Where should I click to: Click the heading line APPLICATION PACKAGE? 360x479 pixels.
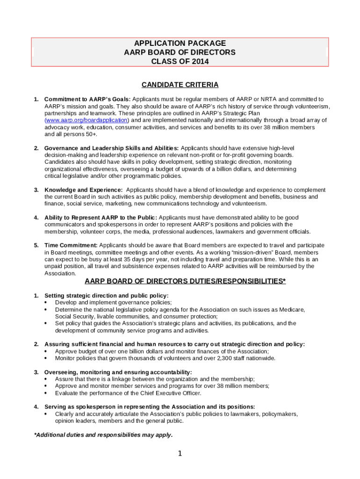click(180, 43)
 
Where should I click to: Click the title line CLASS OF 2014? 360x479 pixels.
click(180, 61)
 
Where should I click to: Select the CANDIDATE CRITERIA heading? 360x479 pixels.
click(180, 85)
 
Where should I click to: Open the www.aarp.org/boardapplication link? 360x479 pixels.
click(86, 120)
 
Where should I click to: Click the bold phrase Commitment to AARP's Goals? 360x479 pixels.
click(87, 99)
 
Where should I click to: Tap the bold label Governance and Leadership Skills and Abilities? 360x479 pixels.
click(111, 148)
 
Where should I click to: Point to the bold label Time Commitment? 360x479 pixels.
click(71, 245)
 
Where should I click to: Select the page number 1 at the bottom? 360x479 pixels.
click(180, 453)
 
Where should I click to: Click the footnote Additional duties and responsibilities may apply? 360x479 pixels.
click(103, 435)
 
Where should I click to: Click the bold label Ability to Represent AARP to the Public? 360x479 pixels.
click(101, 218)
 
